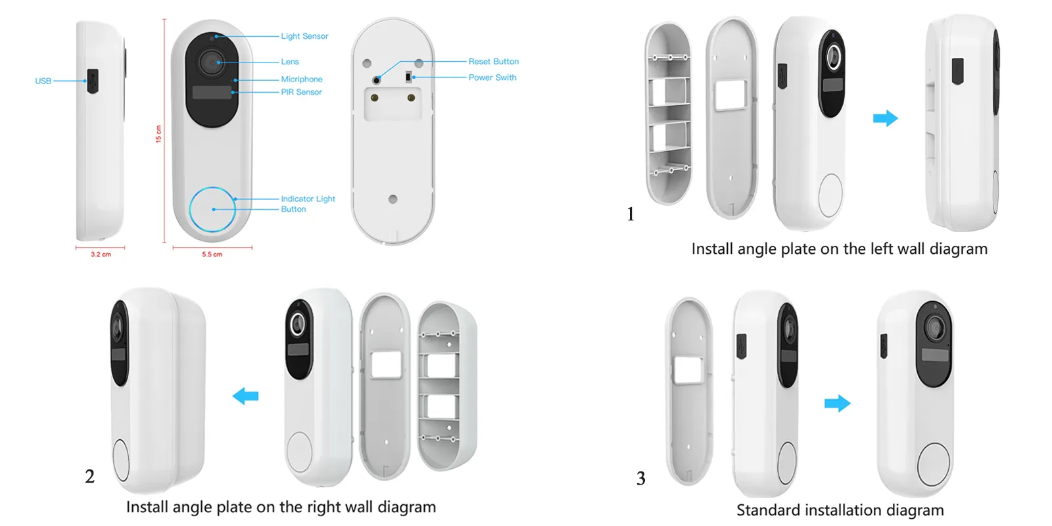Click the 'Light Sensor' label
[304, 36]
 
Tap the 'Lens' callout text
[290, 62]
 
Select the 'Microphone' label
[302, 80]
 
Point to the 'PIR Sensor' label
[301, 92]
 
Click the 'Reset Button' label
[494, 62]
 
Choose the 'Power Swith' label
[492, 78]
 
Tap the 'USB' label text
[43, 82]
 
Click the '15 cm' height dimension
[158, 134]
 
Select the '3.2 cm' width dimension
[101, 254]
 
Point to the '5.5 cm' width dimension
[212, 254]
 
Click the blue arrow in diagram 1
[885, 118]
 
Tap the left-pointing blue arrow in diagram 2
[246, 396]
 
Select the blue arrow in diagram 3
[838, 404]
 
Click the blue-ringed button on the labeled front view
[212, 209]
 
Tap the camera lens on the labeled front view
[211, 62]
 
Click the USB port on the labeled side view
[93, 82]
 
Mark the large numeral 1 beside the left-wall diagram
[631, 214]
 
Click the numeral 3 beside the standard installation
[640, 479]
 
